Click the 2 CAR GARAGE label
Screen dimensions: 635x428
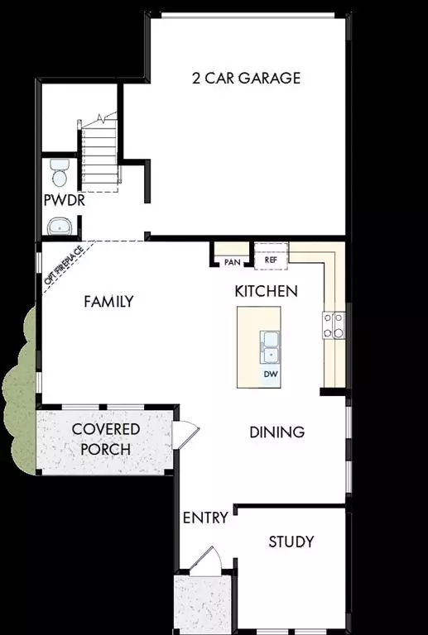[246, 79]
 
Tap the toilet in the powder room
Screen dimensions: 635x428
[60, 174]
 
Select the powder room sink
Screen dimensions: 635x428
[60, 225]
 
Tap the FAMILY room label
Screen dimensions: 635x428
[108, 302]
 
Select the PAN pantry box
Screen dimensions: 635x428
[233, 261]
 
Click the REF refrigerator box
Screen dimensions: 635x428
[270, 260]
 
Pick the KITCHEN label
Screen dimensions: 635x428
[266, 291]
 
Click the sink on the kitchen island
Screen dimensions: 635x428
[270, 346]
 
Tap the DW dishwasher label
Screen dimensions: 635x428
[270, 375]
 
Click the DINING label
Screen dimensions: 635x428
[277, 432]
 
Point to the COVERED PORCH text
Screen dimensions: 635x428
[105, 440]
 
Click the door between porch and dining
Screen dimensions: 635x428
[185, 432]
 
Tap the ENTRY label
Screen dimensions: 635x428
[204, 518]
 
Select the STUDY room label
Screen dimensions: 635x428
[291, 542]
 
